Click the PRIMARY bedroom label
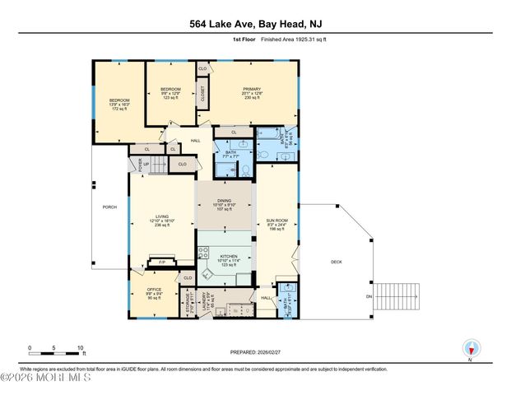(x=251, y=89)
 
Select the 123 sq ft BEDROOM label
(x=170, y=89)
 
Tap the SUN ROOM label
(x=274, y=222)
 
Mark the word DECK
(x=336, y=262)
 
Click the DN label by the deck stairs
(x=369, y=296)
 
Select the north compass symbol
(x=471, y=347)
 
